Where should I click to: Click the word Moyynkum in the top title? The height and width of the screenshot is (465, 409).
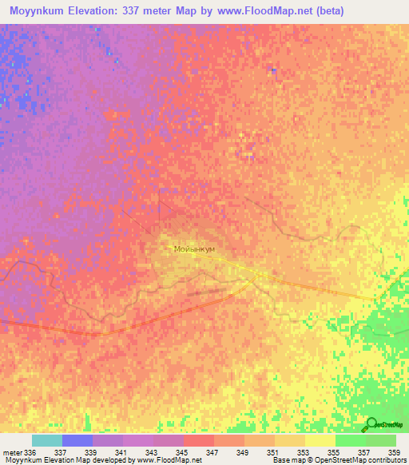[35, 10]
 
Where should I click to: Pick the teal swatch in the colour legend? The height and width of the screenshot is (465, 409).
[46, 440]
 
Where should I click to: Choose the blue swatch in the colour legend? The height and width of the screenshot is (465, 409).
[77, 440]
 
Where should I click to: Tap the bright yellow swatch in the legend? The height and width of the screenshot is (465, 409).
[320, 440]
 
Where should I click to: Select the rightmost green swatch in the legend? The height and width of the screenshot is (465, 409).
[380, 440]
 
